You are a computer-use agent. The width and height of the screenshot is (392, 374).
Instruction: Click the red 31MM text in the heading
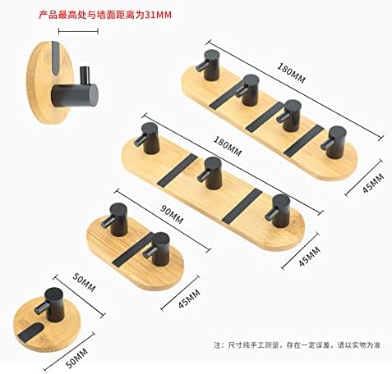pyautogui.click(x=158, y=15)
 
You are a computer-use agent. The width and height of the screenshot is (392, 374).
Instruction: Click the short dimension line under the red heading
pyautogui.click(x=78, y=31)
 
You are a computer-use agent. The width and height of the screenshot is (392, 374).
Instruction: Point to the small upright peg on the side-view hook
pyautogui.click(x=85, y=75)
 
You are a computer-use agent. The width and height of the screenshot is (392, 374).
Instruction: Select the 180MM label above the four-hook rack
pyautogui.click(x=291, y=73)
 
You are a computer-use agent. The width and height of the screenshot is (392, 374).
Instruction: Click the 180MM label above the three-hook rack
pyautogui.click(x=228, y=147)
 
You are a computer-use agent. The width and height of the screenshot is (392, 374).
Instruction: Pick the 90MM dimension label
pyautogui.click(x=172, y=215)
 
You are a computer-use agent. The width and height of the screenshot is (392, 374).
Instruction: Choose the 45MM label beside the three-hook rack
pyautogui.click(x=310, y=257)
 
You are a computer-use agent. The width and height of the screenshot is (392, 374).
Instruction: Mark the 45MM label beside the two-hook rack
pyautogui.click(x=189, y=299)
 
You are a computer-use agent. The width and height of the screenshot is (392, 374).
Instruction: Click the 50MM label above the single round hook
pyautogui.click(x=84, y=282)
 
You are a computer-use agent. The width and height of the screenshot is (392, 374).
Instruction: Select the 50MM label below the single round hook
pyautogui.click(x=77, y=358)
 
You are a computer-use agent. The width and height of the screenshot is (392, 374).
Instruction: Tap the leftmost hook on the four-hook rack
pyautogui.click(x=209, y=65)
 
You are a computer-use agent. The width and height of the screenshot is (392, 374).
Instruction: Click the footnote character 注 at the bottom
pyautogui.click(x=217, y=345)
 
